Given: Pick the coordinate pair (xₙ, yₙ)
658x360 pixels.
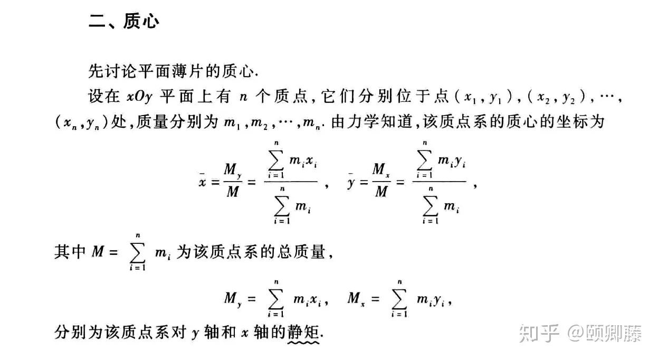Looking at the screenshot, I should click(81, 122).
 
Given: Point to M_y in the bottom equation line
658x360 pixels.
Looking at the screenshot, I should click(233, 299).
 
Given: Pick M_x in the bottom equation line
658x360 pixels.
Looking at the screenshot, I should click(356, 299).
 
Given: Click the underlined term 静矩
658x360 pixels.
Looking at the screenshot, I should click(303, 333).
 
